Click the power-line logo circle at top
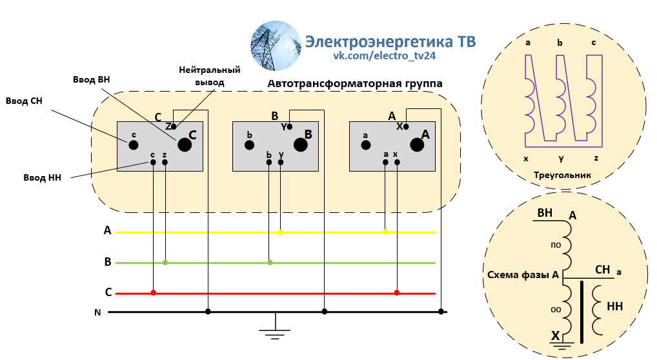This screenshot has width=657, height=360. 276,46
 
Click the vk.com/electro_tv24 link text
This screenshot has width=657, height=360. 385,57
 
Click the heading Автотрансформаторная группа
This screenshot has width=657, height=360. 355,84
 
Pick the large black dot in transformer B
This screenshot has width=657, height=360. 301,145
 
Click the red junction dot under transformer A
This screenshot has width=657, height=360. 397,293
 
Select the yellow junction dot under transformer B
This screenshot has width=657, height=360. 281,232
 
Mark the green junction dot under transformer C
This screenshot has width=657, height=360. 165,263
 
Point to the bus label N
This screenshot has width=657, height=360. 97,313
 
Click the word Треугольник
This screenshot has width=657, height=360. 562,175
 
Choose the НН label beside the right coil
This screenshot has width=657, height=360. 614,306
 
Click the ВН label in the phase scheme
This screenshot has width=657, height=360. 545,213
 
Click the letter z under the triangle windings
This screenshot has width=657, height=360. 595,158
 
